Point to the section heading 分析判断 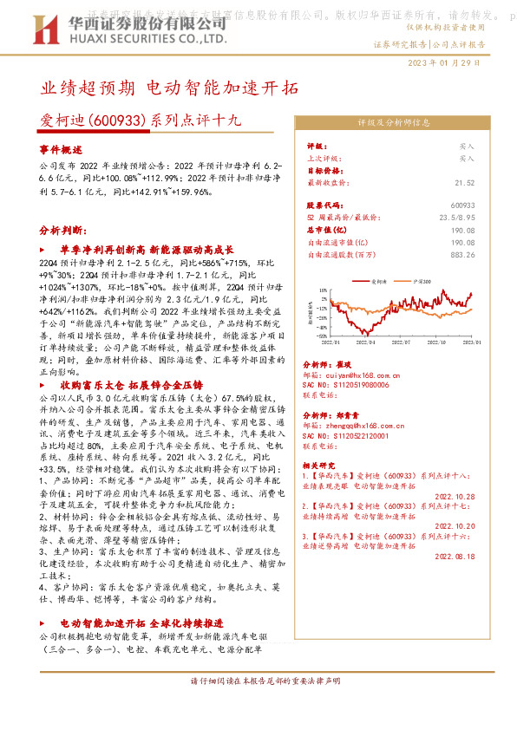[x=62, y=231]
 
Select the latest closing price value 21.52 [x=464, y=183]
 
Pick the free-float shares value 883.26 [x=462, y=255]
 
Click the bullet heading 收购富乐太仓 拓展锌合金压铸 [x=130, y=383]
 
